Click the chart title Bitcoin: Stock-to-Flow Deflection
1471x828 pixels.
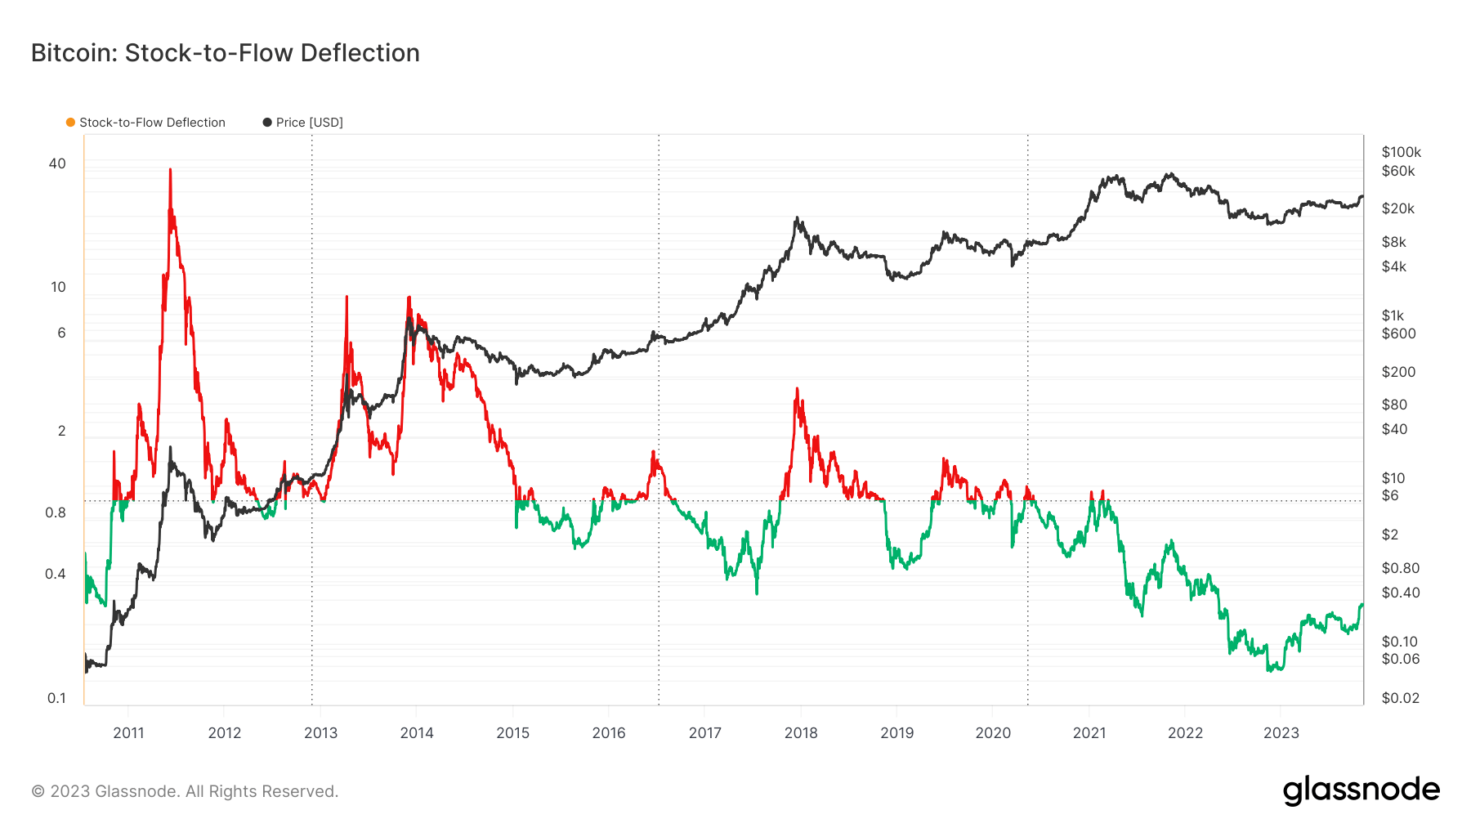(225, 53)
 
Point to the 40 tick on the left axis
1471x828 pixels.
(57, 163)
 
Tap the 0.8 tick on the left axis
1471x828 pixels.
(56, 513)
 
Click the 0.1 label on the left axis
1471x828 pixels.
(56, 698)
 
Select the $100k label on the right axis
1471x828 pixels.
(1401, 152)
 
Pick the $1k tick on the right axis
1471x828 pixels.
(1393, 316)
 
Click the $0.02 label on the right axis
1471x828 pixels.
(1400, 698)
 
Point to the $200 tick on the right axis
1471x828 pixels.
(1397, 372)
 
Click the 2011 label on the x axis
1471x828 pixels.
(128, 733)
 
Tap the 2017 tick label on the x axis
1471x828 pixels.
(704, 733)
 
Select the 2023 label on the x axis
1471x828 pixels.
(1281, 733)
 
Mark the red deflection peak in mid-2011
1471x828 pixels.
(170, 170)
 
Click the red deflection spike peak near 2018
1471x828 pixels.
(797, 389)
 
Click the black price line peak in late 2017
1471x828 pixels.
(797, 218)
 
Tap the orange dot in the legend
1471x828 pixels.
(71, 123)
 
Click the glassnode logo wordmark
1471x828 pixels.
(1361, 790)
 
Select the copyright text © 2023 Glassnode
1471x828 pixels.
(185, 791)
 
